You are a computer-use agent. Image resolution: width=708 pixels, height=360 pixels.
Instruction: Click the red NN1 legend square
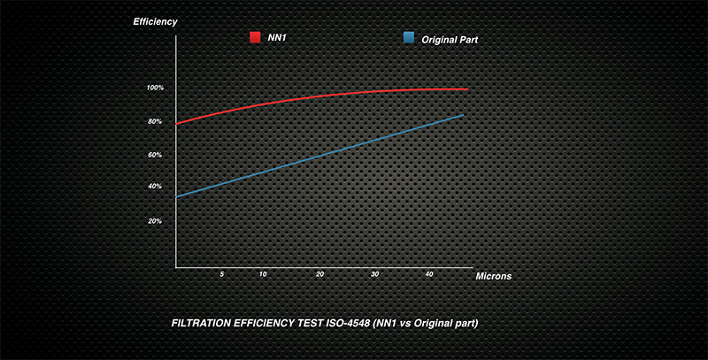[254, 37]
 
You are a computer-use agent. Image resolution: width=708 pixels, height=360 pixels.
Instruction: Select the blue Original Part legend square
[409, 37]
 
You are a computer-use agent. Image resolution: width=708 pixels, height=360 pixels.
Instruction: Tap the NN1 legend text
[276, 37]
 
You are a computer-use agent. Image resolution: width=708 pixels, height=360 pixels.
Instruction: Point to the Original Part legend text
[450, 38]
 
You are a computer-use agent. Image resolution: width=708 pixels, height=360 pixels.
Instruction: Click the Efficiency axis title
[156, 19]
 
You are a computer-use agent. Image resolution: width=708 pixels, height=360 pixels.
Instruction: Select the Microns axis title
[493, 276]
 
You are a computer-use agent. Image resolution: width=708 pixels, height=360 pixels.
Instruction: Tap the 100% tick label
[156, 88]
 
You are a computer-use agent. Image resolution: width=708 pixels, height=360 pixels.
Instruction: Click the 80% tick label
[155, 121]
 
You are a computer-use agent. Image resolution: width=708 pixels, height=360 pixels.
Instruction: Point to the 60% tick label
[155, 155]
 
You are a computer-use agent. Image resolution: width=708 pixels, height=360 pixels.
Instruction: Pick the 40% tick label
[155, 187]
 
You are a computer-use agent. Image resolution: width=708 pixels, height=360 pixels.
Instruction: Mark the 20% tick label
[155, 221]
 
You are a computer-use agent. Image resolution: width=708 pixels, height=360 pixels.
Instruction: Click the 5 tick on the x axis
[222, 275]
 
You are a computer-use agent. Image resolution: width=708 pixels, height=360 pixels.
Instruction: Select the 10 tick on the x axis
[263, 275]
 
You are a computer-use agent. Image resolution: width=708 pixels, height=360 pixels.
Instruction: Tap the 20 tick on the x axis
[319, 275]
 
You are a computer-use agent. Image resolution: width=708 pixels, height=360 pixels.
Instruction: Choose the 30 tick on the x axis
[375, 275]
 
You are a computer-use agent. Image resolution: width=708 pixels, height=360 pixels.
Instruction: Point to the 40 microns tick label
[429, 275]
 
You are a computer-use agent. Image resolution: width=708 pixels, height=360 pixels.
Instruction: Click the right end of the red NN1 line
[466, 89]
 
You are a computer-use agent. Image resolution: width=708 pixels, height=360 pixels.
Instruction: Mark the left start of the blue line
[177, 196]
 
